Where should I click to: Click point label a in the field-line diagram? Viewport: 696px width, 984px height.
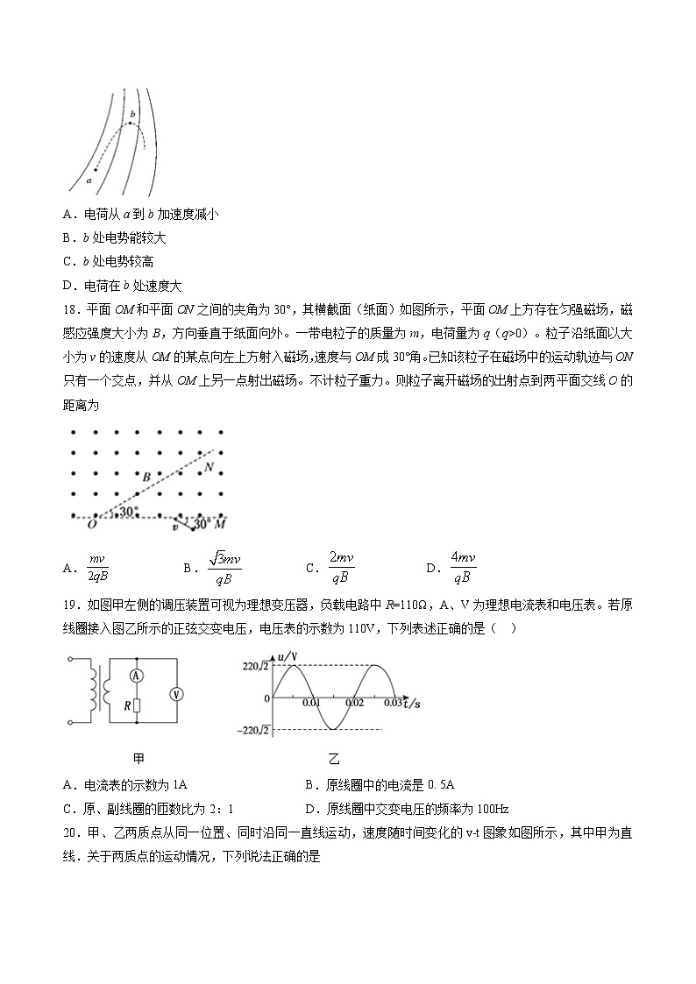(89, 180)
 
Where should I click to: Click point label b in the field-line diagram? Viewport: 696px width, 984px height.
(132, 114)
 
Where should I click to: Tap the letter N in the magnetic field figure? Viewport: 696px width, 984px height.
(209, 467)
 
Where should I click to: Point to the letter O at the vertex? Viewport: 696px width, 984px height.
(91, 523)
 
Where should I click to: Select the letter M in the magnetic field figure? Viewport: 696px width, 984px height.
(221, 523)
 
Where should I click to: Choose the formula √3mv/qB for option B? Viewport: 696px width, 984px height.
(222, 568)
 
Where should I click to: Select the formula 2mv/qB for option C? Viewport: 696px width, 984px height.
(341, 568)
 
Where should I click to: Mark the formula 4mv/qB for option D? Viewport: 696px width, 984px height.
(462, 568)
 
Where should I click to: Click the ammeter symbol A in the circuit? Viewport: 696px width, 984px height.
(137, 675)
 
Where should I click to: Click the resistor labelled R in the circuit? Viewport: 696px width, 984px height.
(136, 704)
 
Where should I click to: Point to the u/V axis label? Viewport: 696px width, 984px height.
(287, 657)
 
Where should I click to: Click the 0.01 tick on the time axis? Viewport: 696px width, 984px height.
(311, 703)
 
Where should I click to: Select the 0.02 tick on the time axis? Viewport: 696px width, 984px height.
(354, 703)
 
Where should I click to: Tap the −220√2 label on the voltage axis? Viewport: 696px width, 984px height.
(252, 730)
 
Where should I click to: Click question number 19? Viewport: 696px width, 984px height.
(73, 603)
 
